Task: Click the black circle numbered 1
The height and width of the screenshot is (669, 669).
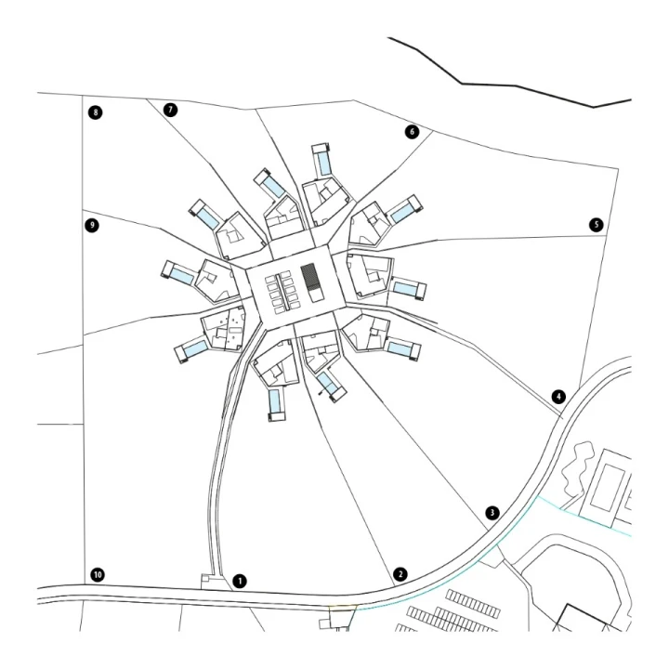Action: (240, 581)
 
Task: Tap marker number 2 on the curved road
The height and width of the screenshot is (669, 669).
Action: (400, 574)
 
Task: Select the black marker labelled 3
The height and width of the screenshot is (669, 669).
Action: (492, 512)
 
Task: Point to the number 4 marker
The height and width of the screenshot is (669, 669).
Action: (558, 397)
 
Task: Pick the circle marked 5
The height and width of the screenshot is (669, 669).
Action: (596, 225)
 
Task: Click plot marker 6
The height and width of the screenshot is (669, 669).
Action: (412, 131)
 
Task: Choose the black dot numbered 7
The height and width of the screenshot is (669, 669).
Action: (170, 110)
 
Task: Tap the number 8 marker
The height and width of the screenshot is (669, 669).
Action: (95, 112)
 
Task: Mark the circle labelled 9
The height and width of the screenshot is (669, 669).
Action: (92, 225)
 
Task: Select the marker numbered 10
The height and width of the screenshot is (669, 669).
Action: (98, 575)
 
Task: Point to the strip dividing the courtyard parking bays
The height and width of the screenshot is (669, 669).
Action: (282, 293)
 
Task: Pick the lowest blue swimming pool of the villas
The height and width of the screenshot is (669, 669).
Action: (275, 400)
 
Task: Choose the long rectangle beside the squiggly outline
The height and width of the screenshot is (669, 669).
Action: (607, 488)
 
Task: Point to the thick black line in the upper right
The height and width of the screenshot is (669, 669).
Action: (510, 85)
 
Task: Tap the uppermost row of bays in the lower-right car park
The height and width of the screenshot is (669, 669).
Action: (474, 603)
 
